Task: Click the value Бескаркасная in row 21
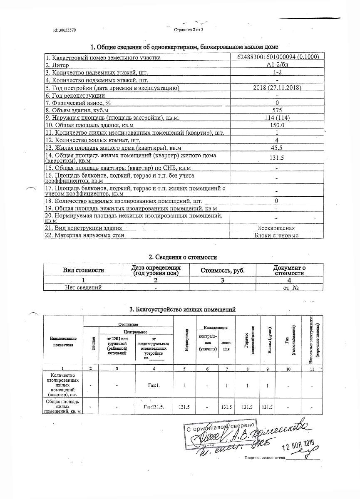(277, 228)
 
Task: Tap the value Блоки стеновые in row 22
(277, 235)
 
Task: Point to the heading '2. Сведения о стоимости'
(183, 257)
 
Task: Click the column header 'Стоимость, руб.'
(222, 270)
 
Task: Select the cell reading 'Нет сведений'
(83, 287)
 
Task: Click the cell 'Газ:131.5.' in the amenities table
(154, 406)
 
